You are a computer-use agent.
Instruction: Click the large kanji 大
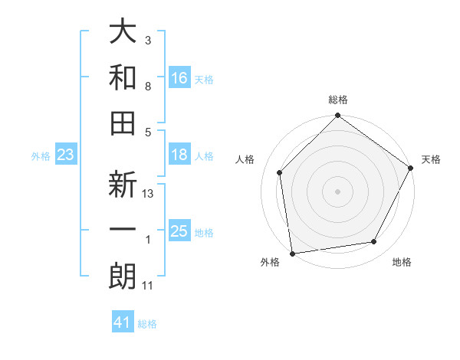point(123,32)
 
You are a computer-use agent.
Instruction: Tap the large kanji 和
point(123,77)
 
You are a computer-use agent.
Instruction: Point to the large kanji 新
point(123,186)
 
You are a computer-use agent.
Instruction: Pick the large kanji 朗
point(123,277)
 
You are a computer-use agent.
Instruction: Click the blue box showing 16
point(179,77)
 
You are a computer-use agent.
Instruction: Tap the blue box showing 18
point(179,155)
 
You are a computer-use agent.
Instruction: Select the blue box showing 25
point(179,231)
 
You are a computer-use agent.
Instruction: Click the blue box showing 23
point(66,155)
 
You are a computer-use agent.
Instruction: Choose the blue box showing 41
point(123,322)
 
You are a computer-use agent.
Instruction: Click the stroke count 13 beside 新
point(149,195)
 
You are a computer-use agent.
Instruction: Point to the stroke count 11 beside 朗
point(148,286)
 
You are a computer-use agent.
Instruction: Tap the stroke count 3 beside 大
point(148,40)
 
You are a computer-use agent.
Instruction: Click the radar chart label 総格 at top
point(338,100)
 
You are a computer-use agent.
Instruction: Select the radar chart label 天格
point(431,159)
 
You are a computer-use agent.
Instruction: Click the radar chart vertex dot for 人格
point(280,172)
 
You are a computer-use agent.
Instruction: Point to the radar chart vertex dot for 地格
point(374,241)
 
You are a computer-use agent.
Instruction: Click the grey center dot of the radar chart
point(338,191)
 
